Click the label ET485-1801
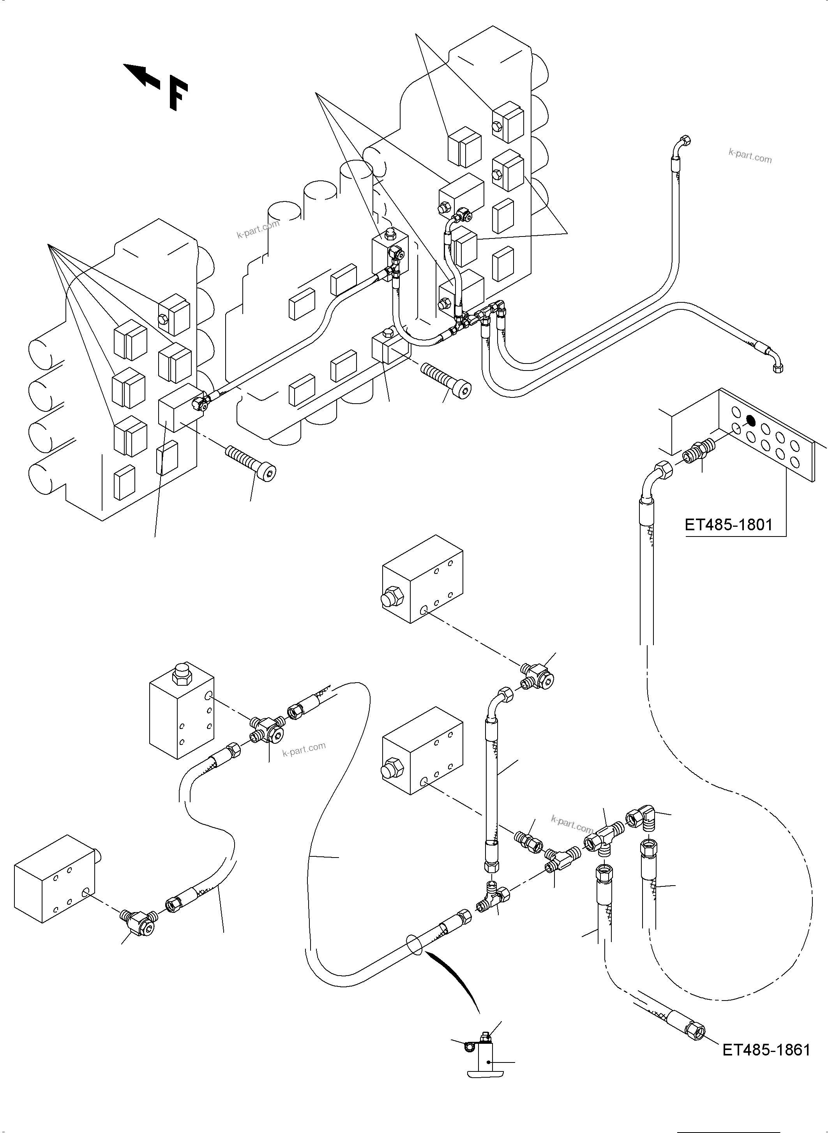click(728, 525)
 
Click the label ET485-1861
click(766, 1049)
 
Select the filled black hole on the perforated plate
click(750, 420)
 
